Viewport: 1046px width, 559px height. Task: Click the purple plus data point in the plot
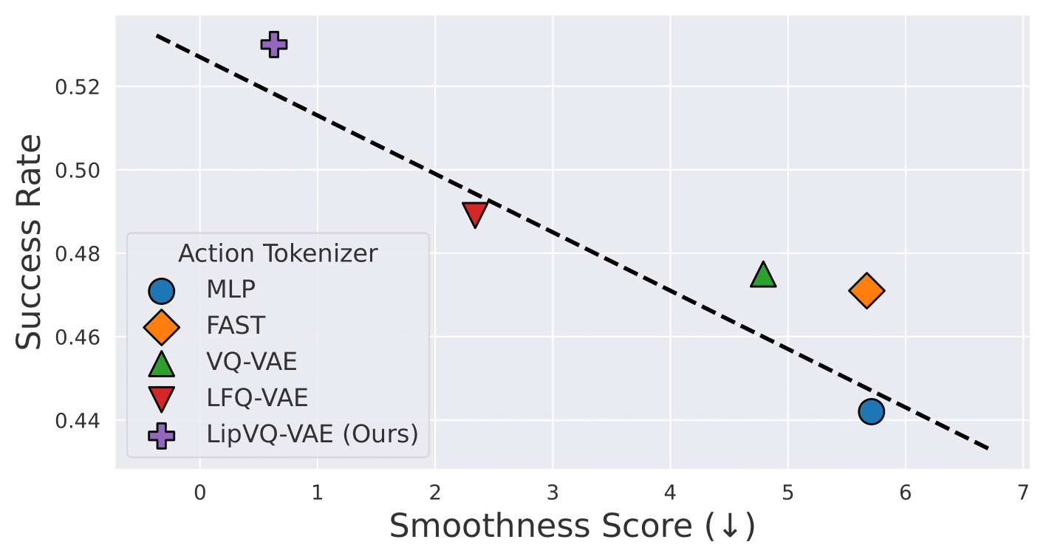(x=273, y=45)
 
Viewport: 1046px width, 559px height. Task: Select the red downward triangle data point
(x=475, y=213)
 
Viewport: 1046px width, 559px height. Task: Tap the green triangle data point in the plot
(x=763, y=275)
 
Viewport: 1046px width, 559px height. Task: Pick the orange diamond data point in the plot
(x=866, y=291)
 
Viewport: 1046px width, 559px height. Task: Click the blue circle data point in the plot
(x=872, y=411)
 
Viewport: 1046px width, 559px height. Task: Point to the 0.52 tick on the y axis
(x=78, y=87)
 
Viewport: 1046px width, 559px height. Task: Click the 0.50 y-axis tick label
(x=78, y=171)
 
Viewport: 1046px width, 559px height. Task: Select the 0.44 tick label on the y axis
(x=78, y=421)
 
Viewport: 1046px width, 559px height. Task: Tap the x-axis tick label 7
(x=1023, y=493)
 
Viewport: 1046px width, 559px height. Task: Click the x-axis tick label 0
(x=200, y=493)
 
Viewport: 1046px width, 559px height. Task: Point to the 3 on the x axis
(x=553, y=493)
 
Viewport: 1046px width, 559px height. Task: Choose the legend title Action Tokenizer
(x=278, y=253)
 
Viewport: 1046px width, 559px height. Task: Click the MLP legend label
(x=231, y=289)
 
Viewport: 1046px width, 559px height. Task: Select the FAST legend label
(x=236, y=325)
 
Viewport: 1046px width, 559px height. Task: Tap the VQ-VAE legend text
(x=252, y=362)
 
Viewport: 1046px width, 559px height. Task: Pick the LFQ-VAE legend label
(x=257, y=397)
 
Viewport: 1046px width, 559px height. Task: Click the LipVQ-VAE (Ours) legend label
(x=312, y=434)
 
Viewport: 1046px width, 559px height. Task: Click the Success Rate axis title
(x=29, y=241)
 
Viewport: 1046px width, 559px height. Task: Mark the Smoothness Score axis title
(x=572, y=527)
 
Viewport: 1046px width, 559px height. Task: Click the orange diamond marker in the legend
(x=162, y=327)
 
